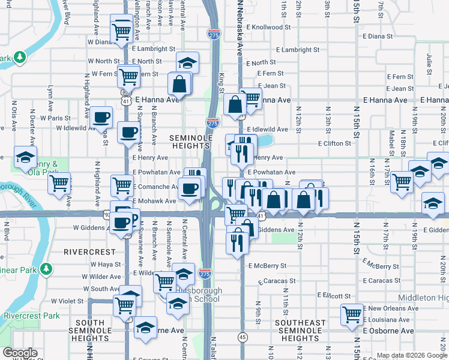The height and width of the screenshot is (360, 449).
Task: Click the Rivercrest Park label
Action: (x=32, y=316)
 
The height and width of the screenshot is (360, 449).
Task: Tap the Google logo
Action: (x=20, y=353)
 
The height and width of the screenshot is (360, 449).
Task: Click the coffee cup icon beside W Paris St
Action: (x=101, y=118)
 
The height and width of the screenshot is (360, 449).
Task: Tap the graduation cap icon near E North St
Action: (x=187, y=62)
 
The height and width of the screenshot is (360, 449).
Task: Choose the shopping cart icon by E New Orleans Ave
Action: (x=352, y=314)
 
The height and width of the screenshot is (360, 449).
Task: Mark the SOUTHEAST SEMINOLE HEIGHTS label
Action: (x=300, y=331)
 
